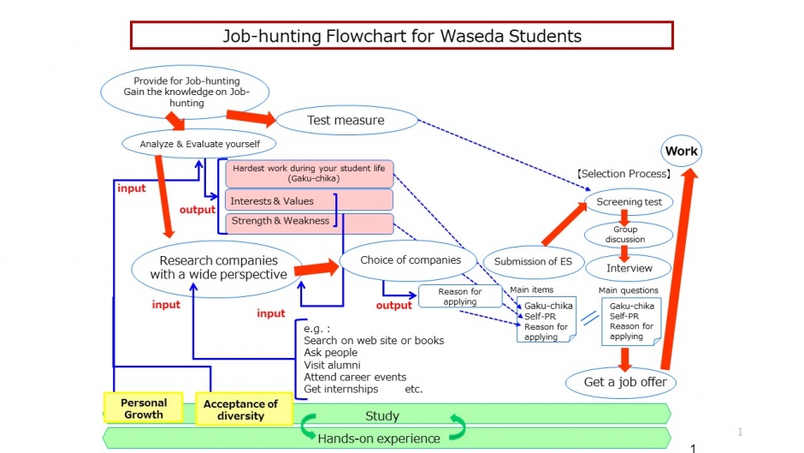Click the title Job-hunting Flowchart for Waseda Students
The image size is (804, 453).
[402, 36]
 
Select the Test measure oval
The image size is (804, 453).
[346, 121]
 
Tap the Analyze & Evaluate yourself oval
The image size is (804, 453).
[200, 144]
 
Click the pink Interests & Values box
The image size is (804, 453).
[308, 201]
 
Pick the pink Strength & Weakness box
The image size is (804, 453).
[308, 222]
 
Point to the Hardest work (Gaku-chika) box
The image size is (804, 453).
[309, 174]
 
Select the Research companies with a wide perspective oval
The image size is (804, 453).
[218, 267]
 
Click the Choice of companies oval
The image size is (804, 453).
[411, 260]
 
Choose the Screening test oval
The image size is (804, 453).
[629, 202]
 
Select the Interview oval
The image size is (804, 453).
[629, 268]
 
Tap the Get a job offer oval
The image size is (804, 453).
[624, 382]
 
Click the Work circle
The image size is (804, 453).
[682, 152]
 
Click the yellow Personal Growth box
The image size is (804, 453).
[144, 408]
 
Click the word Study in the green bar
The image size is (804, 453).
[381, 416]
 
